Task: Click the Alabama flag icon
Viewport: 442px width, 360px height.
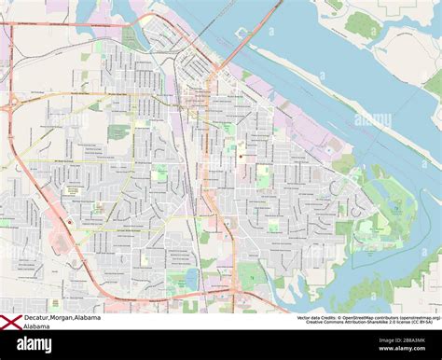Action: click(11, 322)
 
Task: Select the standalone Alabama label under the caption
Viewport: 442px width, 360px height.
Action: click(38, 327)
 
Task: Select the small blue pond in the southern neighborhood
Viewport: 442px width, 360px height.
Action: click(191, 277)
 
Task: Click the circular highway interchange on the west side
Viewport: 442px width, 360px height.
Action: click(11, 105)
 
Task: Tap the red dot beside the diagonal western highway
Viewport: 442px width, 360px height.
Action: click(69, 222)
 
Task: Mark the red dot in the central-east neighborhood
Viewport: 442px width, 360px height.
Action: click(240, 157)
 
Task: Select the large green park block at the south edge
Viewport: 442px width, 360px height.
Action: click(250, 275)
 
